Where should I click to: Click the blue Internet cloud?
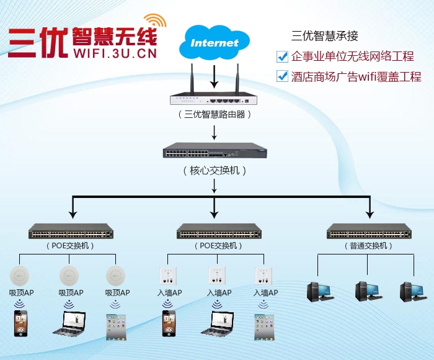click(x=214, y=43)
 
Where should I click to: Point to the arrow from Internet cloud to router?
click(x=215, y=76)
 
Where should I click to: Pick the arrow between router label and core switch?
click(x=215, y=132)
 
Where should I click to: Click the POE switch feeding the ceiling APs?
click(x=71, y=233)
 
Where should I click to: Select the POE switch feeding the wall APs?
click(x=219, y=233)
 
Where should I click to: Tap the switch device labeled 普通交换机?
click(x=368, y=233)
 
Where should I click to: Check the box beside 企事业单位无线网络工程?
click(x=282, y=57)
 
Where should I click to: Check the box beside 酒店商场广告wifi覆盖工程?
click(x=282, y=77)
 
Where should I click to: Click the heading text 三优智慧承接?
click(x=325, y=36)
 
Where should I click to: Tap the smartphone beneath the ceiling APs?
click(x=21, y=323)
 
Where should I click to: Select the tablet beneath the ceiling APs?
click(x=116, y=326)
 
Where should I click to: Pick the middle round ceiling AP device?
click(x=69, y=275)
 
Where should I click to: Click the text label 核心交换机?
click(x=215, y=170)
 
